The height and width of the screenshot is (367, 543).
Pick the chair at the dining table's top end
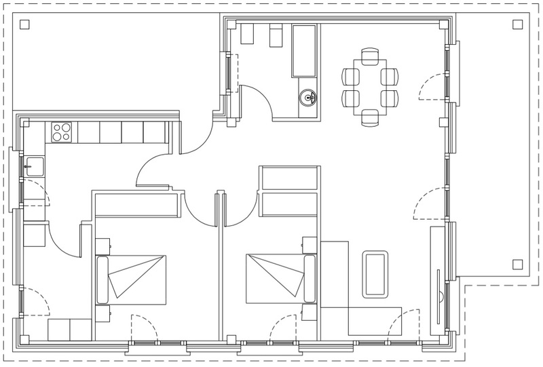point(370,56)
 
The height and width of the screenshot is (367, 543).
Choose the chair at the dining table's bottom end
point(370,117)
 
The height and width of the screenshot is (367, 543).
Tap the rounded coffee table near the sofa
point(375,273)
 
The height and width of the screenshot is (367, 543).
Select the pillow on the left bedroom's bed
point(103,278)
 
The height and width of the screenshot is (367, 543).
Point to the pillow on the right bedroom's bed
point(310,278)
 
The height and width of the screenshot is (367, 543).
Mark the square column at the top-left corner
point(24,25)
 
